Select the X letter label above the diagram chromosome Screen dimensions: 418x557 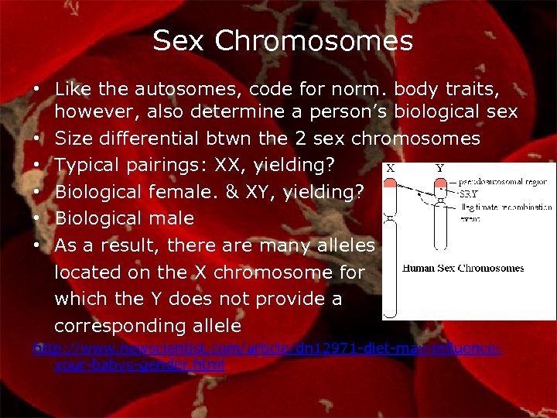[x=391, y=167]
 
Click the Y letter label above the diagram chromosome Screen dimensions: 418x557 [x=439, y=167]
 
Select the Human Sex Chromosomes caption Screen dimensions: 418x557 [x=463, y=268]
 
